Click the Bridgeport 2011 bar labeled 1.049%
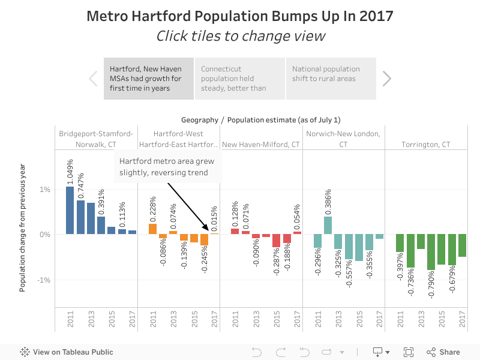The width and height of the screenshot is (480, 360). coord(70,210)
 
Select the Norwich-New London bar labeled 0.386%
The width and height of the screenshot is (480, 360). coord(328,226)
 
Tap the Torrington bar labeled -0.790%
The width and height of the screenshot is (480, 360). coord(431,252)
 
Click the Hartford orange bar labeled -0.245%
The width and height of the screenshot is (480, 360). coord(205,240)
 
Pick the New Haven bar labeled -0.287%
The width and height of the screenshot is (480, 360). coord(276,241)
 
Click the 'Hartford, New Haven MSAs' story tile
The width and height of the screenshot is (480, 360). coord(149,79)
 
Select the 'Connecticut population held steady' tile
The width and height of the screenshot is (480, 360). coord(239,79)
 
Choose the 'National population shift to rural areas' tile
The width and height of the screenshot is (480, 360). coord(331,79)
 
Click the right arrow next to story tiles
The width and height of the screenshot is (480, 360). coord(387,79)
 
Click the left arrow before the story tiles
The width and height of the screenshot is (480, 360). coord(93,79)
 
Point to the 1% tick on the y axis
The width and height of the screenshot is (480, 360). coord(44,189)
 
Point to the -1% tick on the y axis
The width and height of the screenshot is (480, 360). coord(43,280)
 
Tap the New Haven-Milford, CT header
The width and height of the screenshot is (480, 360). coord(261,145)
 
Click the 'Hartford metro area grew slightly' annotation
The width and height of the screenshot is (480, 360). coord(167,167)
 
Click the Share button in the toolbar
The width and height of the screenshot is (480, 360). coord(443,352)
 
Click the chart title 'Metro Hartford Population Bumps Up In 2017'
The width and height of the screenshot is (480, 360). coord(240,16)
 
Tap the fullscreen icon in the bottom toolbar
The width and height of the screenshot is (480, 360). coord(409,352)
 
